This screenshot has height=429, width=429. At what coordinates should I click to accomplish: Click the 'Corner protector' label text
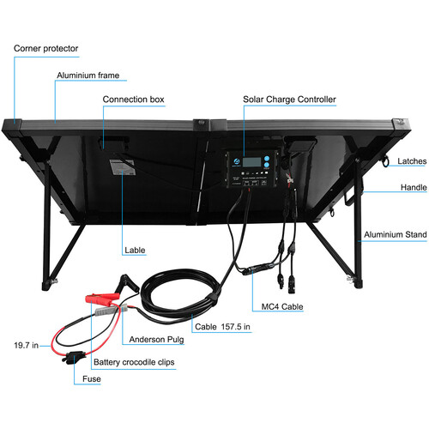click(45, 48)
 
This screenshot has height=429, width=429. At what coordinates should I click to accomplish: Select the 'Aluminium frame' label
click(88, 76)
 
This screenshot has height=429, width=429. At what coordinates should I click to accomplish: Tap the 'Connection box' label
click(133, 100)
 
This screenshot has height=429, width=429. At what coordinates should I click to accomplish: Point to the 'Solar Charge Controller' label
click(289, 100)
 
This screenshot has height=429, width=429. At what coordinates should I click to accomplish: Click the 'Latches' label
click(412, 161)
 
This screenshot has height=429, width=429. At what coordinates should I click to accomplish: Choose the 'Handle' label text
click(414, 187)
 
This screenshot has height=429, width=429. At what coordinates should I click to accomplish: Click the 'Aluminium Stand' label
click(396, 234)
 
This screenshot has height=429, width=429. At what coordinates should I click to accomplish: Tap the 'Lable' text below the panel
click(135, 251)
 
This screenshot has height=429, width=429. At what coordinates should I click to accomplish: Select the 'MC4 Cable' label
click(282, 306)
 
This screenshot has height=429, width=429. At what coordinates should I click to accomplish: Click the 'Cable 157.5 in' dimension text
click(222, 327)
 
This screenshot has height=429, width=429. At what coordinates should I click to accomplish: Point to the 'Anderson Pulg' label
click(156, 340)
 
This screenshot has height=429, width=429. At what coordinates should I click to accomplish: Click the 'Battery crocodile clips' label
click(134, 362)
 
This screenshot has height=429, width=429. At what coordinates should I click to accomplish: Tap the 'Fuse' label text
click(92, 379)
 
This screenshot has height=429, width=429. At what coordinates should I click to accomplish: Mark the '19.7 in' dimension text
click(26, 345)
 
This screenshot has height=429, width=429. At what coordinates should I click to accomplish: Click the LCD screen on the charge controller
click(252, 162)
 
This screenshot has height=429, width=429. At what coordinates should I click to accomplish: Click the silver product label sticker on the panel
click(123, 167)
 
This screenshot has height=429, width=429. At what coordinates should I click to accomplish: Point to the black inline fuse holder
click(74, 358)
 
